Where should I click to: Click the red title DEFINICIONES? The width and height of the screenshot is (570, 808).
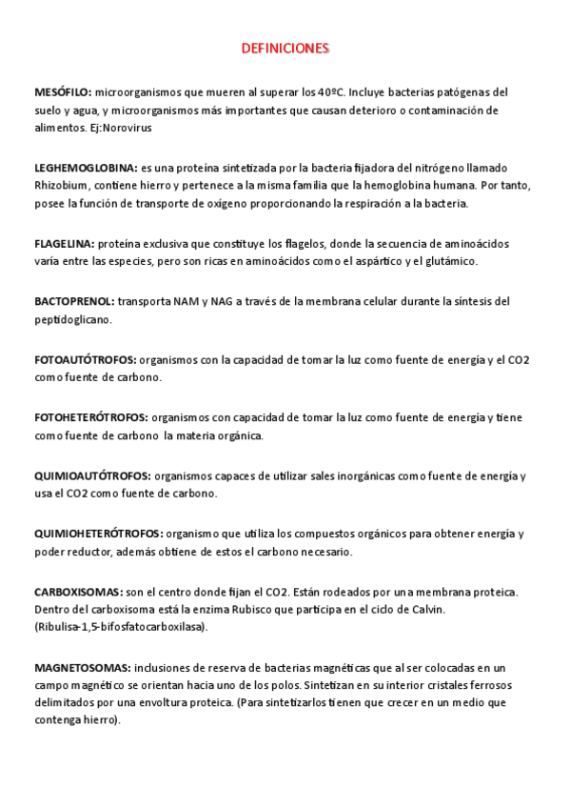coord(285,47)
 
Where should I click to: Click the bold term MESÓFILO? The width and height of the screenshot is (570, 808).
coord(63,92)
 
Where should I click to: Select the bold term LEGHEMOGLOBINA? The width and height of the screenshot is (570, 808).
coord(86,167)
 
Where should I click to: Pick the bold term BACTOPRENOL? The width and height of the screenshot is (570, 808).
coord(73,301)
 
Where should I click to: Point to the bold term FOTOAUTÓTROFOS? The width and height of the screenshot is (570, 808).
coord(85,359)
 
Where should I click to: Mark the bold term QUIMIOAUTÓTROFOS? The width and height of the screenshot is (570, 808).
coord(91,475)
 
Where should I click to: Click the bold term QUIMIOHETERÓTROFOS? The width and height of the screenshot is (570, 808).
coord(98,534)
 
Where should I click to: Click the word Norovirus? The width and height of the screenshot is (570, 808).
coord(128,128)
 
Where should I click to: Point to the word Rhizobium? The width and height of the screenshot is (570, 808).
coord(61,185)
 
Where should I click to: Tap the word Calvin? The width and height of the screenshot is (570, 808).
coord(425,609)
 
